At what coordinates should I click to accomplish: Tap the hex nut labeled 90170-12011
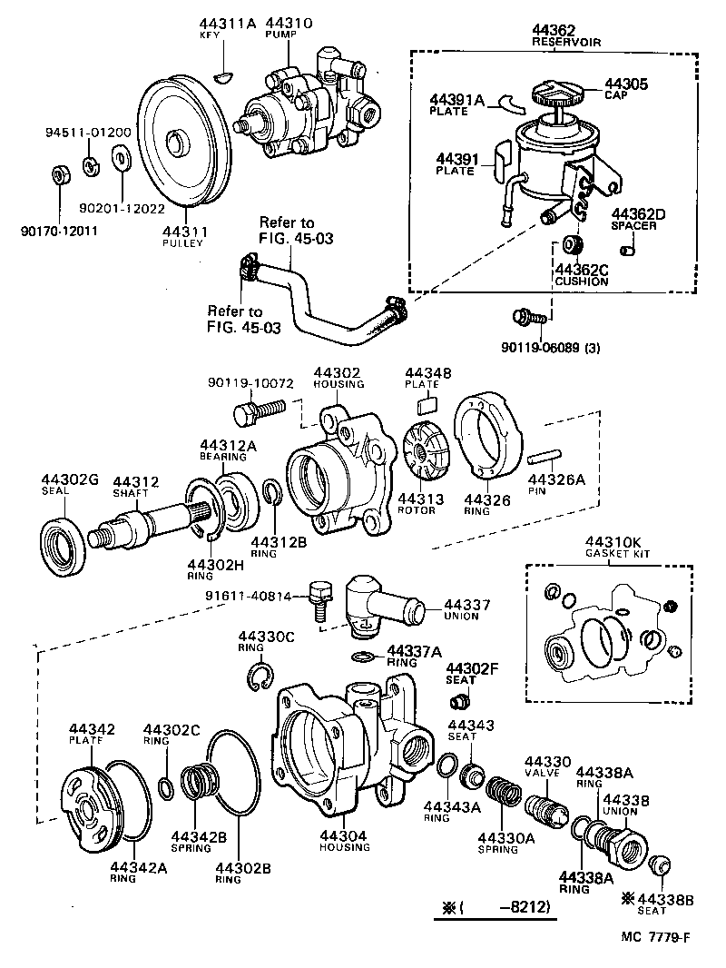click(x=57, y=173)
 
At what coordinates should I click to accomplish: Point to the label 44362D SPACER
click(x=639, y=219)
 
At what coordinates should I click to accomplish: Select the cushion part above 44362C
click(x=572, y=245)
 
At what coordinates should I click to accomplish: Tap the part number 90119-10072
click(x=250, y=382)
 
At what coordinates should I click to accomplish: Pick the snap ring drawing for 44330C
click(x=260, y=677)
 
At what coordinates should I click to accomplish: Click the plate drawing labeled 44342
click(x=93, y=799)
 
